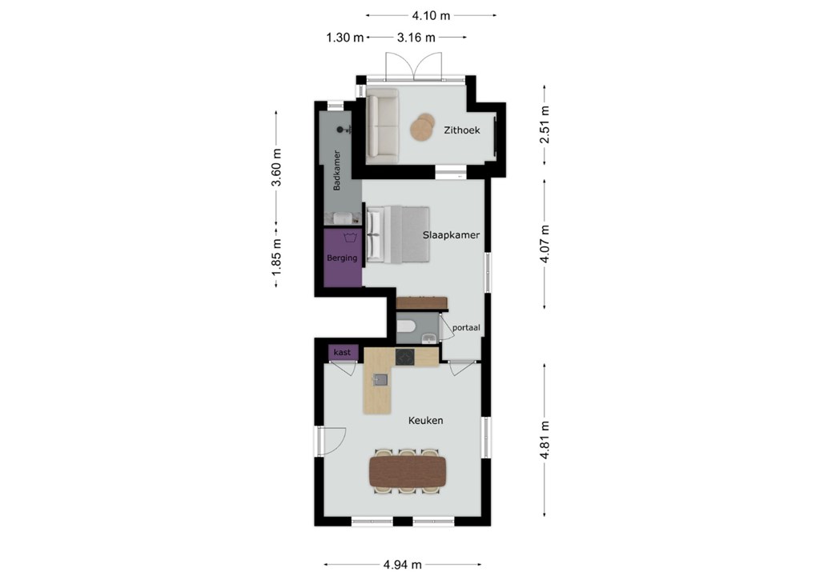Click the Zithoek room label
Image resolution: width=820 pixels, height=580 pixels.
(462, 130)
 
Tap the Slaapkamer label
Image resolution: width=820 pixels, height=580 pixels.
(451, 235)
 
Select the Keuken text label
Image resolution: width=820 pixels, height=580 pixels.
(426, 420)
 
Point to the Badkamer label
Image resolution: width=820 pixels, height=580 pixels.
(337, 170)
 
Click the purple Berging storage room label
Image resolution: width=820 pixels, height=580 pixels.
(342, 258)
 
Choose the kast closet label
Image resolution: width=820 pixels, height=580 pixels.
(343, 352)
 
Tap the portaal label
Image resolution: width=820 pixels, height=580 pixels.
(466, 328)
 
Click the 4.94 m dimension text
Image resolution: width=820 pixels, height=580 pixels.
(403, 565)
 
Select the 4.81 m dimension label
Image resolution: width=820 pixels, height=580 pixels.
(545, 440)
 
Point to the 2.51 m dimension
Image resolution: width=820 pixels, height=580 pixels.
(545, 124)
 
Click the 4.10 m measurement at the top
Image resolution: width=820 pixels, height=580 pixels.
(431, 16)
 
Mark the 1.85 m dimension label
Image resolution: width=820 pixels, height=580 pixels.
(276, 257)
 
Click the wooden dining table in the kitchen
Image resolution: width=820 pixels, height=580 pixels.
(408, 472)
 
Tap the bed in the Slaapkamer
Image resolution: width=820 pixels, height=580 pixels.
(398, 234)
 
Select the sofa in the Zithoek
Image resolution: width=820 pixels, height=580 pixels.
(382, 126)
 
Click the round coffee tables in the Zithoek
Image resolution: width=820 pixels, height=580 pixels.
(423, 126)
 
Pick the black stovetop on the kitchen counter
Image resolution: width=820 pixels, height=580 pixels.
(404, 358)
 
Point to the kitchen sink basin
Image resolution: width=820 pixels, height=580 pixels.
(380, 380)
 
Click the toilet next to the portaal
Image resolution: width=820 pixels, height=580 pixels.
(406, 327)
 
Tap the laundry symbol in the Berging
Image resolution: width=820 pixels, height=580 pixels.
(350, 238)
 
